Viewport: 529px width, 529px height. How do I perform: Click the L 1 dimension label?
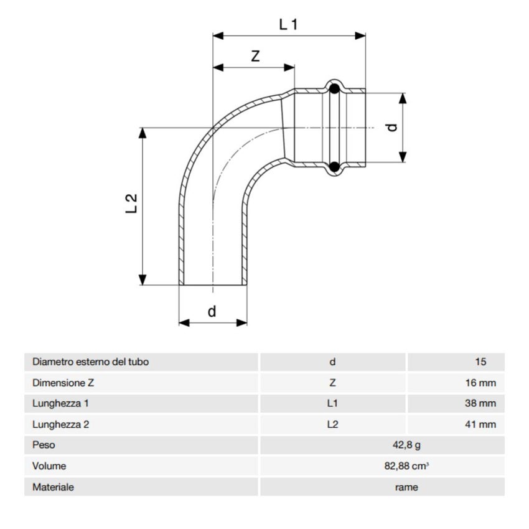click(x=289, y=24)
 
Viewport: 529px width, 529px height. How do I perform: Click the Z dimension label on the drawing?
click(x=255, y=55)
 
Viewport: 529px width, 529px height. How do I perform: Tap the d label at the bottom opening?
click(x=212, y=311)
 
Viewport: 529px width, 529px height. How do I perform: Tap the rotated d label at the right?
click(x=391, y=127)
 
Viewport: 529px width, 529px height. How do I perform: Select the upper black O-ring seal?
click(x=334, y=88)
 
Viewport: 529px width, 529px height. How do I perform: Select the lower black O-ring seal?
click(x=334, y=166)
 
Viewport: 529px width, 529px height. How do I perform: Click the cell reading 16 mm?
click(x=480, y=383)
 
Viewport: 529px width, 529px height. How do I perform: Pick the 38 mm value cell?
click(x=480, y=403)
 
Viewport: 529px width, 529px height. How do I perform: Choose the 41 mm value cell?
click(x=480, y=424)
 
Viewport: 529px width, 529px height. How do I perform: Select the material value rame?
click(x=406, y=487)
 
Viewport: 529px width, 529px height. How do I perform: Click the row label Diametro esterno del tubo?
click(x=90, y=362)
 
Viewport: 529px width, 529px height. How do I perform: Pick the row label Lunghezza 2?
click(x=60, y=424)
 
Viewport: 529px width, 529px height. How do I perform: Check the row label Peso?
click(x=44, y=445)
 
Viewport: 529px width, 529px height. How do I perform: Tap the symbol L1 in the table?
click(x=332, y=403)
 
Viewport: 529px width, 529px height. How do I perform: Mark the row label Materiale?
click(x=53, y=487)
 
